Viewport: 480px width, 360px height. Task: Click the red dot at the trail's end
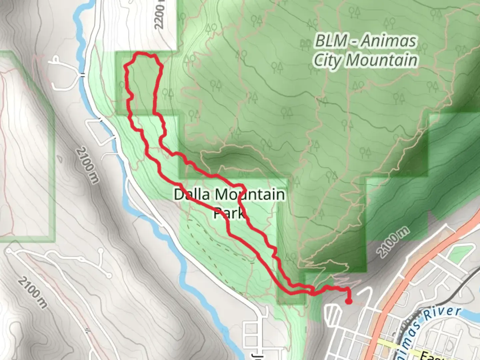pos(349,301)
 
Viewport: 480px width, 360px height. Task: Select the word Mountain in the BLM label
pos(381,60)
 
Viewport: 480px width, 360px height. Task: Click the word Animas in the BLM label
pos(389,41)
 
